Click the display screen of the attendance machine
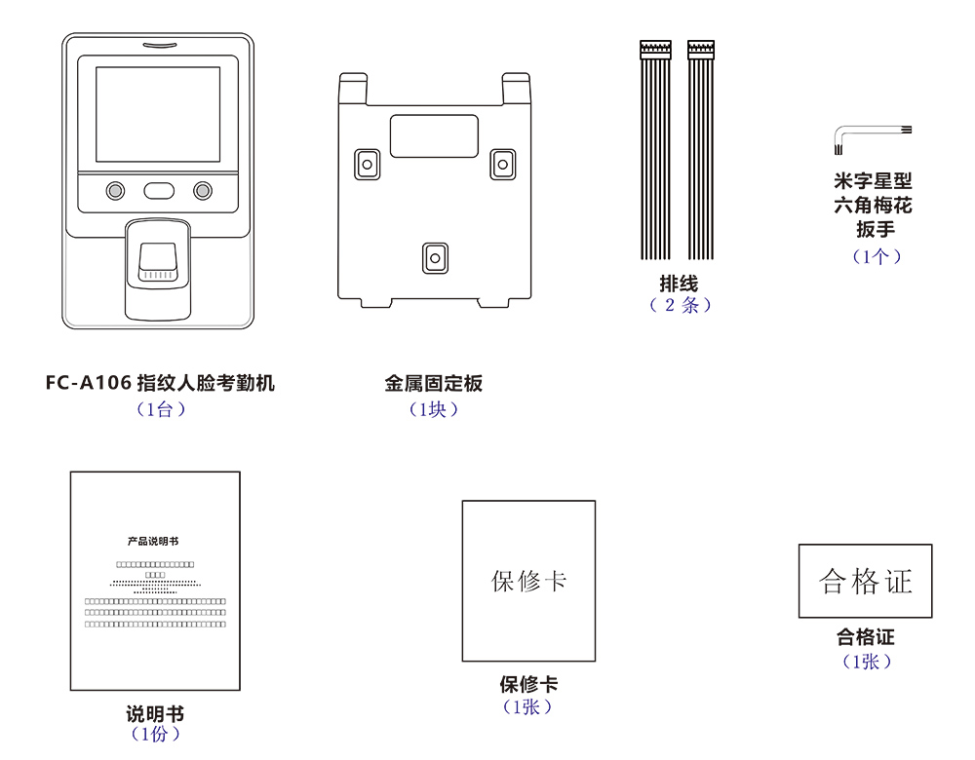tap(158, 114)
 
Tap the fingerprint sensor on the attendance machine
tap(157, 262)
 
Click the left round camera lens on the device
tap(115, 191)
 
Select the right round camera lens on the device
tap(202, 191)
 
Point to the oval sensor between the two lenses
tap(158, 191)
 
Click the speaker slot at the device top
tap(158, 45)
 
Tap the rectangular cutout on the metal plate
tap(434, 136)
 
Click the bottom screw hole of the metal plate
tap(434, 258)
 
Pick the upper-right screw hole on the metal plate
tap(501, 165)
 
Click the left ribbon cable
tap(656, 151)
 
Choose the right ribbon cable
tap(701, 151)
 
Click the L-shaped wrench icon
tap(844, 135)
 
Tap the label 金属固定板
tap(434, 384)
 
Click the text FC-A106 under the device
tap(89, 384)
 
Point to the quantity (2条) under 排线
tap(680, 306)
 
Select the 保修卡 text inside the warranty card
tap(528, 582)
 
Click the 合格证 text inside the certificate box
tap(866, 582)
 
